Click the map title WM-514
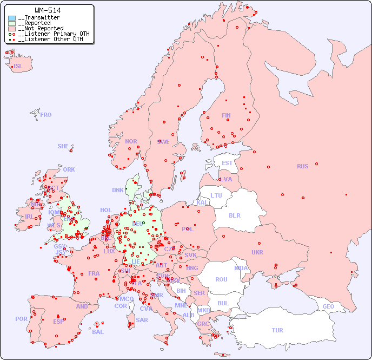coord(48,10)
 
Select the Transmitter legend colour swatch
coord(12,18)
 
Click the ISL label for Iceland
coord(18,67)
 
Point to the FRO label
coord(46,115)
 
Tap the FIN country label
coord(226,115)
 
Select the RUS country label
coord(302,166)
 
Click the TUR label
coord(277,330)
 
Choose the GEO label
coord(328,306)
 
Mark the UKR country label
coord(257,252)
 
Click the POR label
coord(21,319)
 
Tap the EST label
coord(227,163)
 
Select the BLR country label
coord(235,215)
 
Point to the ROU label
coord(221,279)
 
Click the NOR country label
coord(131,141)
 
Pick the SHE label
coord(63,146)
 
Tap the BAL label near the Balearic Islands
coord(98,332)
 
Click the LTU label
coord(216,195)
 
